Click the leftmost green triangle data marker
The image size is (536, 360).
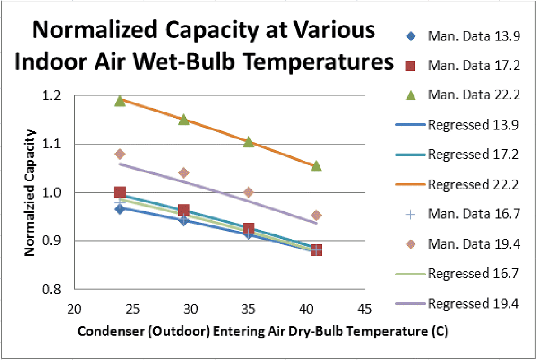point(120,101)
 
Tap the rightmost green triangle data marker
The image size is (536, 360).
point(316,166)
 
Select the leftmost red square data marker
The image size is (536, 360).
point(120,193)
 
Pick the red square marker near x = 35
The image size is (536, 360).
point(248,229)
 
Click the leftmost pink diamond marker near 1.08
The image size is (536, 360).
point(120,154)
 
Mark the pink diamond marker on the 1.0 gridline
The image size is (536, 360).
point(248,193)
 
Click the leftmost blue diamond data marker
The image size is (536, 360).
point(120,209)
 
